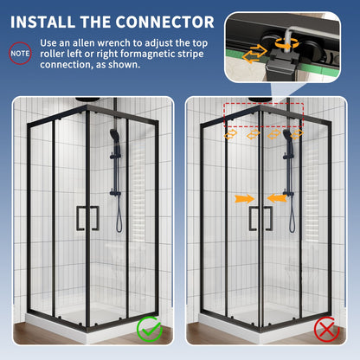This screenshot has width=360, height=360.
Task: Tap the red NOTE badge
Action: point(19,54)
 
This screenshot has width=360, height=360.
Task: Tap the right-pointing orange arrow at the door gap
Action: point(246,198)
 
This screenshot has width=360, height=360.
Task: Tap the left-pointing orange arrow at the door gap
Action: point(276,198)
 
